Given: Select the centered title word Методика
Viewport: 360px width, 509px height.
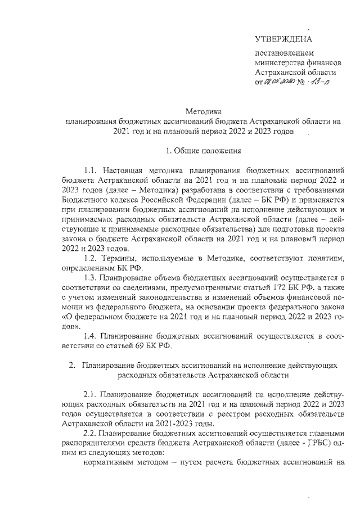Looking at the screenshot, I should click(204, 111).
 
